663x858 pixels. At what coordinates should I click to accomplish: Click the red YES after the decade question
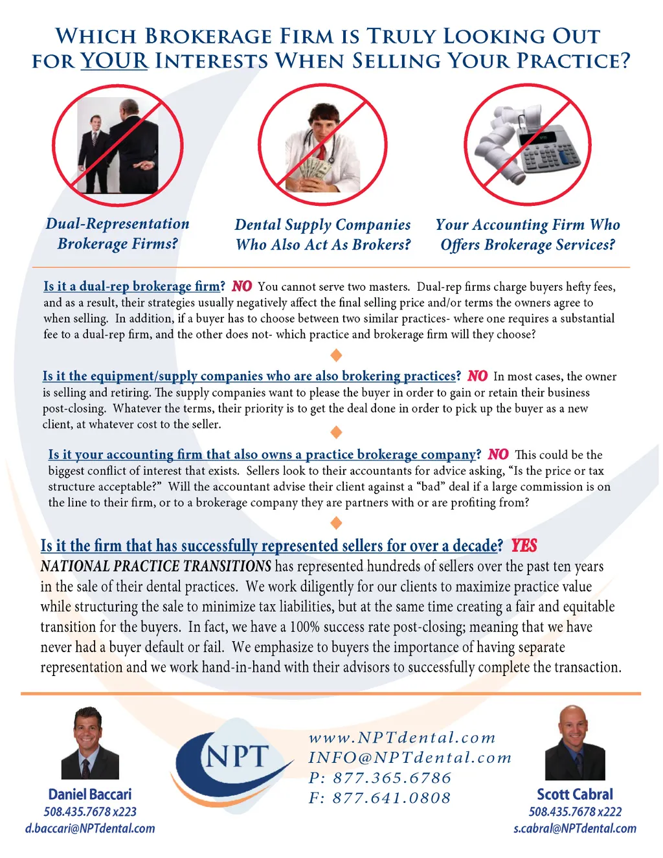524,546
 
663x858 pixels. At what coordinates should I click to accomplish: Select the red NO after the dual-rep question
242,286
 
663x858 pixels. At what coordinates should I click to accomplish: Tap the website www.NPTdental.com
402,738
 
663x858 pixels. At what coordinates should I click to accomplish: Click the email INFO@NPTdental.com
410,758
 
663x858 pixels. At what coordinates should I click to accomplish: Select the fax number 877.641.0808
391,798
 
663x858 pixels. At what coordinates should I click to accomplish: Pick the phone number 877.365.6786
392,778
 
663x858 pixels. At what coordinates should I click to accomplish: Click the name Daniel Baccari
89,794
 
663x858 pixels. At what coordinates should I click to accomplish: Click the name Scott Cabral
575,794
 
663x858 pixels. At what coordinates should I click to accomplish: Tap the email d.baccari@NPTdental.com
90,828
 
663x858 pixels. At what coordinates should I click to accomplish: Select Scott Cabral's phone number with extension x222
575,812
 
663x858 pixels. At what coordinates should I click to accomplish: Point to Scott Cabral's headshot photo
575,743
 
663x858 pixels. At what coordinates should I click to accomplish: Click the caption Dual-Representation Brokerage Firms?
118,234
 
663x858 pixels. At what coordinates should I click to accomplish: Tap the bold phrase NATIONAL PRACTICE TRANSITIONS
156,566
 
